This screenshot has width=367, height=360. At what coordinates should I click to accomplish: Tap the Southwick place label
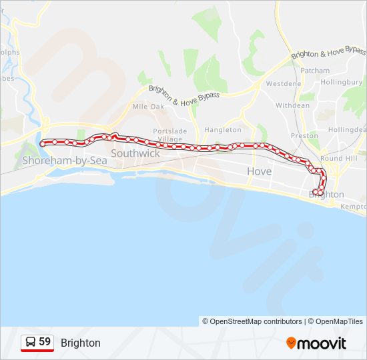pyautogui.click(x=135, y=153)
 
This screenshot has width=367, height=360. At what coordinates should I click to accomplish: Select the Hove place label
pyautogui.click(x=259, y=171)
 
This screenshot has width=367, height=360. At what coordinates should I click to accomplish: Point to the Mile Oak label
pyautogui.click(x=148, y=106)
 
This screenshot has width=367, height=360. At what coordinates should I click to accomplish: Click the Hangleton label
pyautogui.click(x=223, y=129)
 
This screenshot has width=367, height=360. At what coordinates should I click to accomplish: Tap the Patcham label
pyautogui.click(x=315, y=70)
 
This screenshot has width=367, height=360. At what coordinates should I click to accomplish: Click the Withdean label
pyautogui.click(x=293, y=105)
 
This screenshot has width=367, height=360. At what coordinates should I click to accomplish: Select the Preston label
pyautogui.click(x=304, y=135)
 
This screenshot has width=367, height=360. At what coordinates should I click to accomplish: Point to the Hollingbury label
pyautogui.click(x=346, y=83)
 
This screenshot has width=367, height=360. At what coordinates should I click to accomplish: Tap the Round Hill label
pyautogui.click(x=338, y=159)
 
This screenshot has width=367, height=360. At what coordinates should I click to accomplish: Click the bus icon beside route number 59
pyautogui.click(x=30, y=342)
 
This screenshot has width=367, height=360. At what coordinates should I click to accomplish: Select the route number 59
pyautogui.click(x=45, y=342)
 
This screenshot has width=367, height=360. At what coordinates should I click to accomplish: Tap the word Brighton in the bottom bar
pyautogui.click(x=81, y=343)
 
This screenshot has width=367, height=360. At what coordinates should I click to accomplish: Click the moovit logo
pyautogui.click(x=316, y=343)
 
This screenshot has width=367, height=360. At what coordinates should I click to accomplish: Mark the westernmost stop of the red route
pyautogui.click(x=43, y=143)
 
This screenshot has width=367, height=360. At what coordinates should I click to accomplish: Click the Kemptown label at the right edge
pyautogui.click(x=354, y=207)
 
